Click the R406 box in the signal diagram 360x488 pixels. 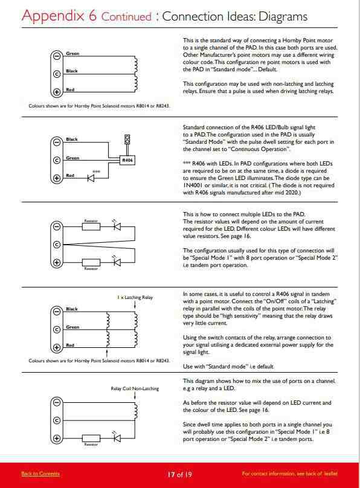click(127, 160)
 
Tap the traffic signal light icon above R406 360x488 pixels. click(127, 140)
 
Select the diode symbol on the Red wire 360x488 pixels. click(91, 178)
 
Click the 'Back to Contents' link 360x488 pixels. click(40, 474)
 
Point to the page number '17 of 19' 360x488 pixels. click(180, 474)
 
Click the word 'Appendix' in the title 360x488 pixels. click(53, 16)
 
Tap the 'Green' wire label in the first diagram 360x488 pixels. click(72, 54)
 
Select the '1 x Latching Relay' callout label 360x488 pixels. click(135, 297)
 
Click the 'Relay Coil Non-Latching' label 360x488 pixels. click(135, 388)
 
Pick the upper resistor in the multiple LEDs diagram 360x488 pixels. click(91, 226)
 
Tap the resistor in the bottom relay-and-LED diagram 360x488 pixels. click(91, 438)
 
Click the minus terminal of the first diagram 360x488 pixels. click(57, 56)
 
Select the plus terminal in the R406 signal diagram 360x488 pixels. click(57, 178)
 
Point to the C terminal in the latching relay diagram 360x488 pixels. click(57, 330)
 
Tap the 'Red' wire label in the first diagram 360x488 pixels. click(70, 89)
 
